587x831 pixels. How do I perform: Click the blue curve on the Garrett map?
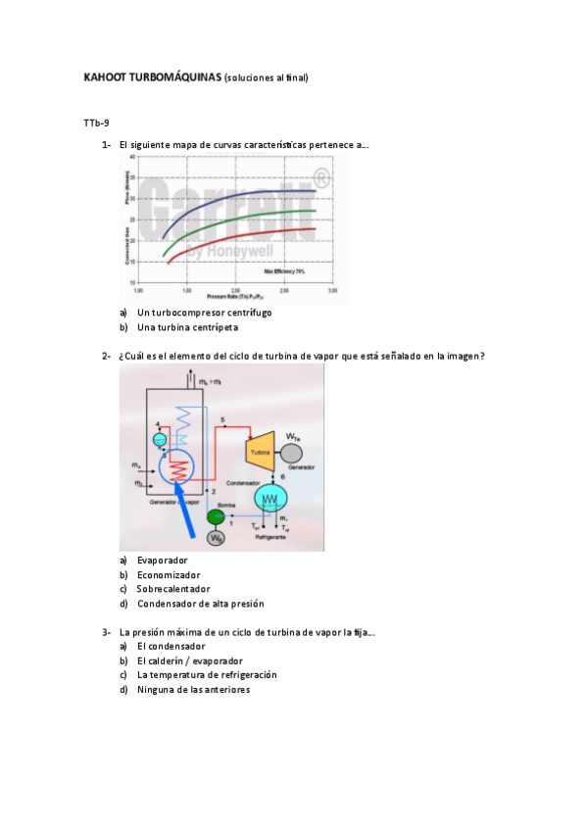(245, 196)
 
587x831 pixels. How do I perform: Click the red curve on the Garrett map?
(245, 236)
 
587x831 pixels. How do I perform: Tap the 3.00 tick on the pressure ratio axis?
(332, 291)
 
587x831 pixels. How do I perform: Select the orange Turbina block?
(259, 452)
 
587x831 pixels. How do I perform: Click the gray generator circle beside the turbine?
(291, 452)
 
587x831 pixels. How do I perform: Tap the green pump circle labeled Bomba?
(216, 516)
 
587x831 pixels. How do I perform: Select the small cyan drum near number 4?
(161, 438)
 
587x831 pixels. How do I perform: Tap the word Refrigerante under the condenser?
(271, 539)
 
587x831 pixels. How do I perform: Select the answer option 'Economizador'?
(169, 574)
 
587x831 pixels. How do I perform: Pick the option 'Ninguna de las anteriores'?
(193, 689)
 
